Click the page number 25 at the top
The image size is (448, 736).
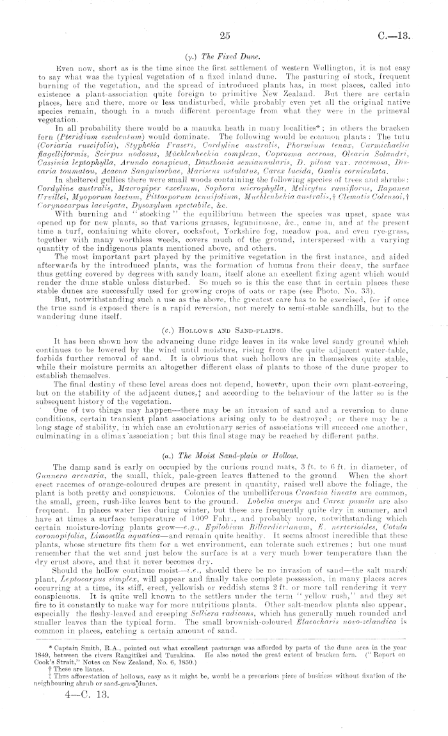(x=224, y=36)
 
